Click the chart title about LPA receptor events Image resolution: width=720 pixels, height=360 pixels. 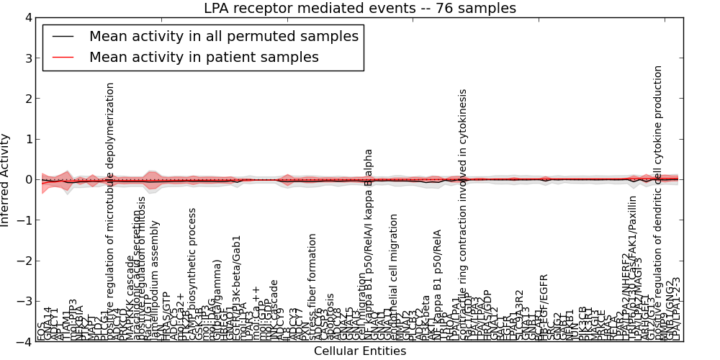[x=359, y=9]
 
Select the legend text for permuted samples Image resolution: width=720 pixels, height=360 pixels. [x=223, y=36]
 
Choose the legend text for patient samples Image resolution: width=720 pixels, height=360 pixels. [x=204, y=57]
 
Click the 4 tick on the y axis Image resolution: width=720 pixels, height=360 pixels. [x=28, y=17]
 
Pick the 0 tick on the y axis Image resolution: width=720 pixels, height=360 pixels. [x=28, y=179]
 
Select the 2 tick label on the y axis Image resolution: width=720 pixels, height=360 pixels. [x=28, y=99]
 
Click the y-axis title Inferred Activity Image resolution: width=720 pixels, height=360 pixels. [x=6, y=180]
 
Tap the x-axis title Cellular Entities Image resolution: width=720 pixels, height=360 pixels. [x=359, y=351]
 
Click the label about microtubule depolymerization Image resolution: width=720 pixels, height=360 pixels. [x=110, y=209]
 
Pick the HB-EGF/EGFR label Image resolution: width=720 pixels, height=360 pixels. [x=544, y=306]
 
